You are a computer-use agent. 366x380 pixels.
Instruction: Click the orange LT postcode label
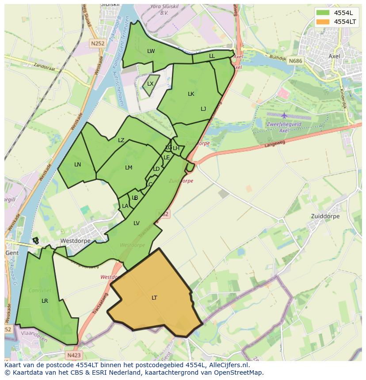pos(154,298)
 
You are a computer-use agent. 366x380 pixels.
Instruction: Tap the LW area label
pos(151,51)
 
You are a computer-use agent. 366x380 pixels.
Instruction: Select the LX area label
pos(150,84)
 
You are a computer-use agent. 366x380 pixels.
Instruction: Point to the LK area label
pos(191,94)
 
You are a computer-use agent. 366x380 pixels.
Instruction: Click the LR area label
pos(45,301)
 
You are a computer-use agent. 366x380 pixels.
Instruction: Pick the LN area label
pos(77,165)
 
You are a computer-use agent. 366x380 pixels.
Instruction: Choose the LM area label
pos(129,168)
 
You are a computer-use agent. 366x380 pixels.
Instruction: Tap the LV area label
pos(137,223)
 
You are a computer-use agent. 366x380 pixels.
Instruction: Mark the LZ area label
pos(121,140)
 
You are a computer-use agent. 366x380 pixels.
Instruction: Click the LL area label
pos(212,56)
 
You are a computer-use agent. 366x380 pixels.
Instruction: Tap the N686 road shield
pos(295,61)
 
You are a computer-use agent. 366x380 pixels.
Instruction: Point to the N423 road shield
pos(74,355)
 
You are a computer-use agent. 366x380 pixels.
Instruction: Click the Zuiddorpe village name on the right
pos(325,217)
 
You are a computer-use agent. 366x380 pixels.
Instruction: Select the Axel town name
pos(335,56)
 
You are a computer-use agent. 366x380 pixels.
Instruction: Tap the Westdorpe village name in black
pos(75,241)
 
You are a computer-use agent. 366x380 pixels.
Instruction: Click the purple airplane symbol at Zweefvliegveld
pos(284,116)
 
